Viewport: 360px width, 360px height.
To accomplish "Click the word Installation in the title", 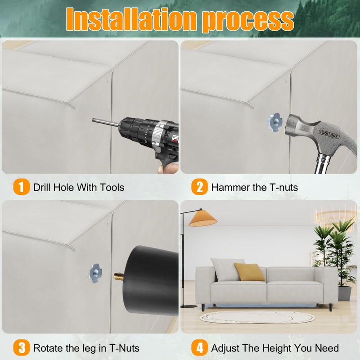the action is (131, 19).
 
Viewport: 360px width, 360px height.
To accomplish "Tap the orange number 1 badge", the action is (21, 187).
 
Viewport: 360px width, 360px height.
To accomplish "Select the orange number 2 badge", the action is (199, 187).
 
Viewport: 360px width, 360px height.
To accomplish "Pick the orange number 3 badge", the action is (21, 347).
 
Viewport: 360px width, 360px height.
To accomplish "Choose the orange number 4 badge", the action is (199, 347).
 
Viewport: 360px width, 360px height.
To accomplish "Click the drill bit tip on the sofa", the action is (93, 120).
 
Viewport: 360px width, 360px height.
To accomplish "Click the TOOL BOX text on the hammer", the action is (328, 134).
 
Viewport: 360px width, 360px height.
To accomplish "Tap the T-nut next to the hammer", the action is (274, 122).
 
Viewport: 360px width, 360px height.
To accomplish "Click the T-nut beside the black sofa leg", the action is (95, 273).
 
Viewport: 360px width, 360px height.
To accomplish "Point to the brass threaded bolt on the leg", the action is (119, 276).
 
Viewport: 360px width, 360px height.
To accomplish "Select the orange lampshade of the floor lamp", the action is (203, 219).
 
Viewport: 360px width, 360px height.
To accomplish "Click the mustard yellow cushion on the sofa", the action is (250, 272).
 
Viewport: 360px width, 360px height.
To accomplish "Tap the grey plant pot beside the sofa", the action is (345, 293).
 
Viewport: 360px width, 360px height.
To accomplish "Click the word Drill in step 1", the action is (41, 187).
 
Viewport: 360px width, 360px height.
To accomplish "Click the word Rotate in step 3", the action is (48, 348).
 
